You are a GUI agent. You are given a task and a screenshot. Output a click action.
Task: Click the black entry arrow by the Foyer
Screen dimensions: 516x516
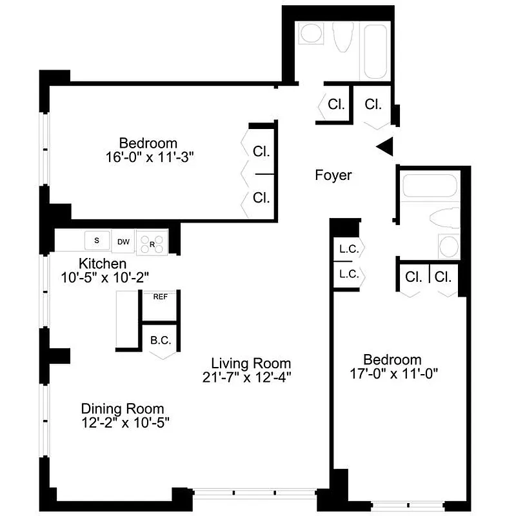tap(385, 147)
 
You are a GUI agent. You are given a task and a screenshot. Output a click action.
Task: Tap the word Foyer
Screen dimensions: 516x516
tap(333, 175)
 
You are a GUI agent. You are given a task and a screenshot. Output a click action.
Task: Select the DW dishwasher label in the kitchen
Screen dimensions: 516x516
tap(123, 242)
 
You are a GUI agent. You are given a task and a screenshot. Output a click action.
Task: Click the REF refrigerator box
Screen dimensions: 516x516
tap(159, 297)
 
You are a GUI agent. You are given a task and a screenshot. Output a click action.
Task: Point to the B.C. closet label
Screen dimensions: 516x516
tap(160, 339)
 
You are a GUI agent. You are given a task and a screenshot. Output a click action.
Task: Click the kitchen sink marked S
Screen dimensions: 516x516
tap(97, 241)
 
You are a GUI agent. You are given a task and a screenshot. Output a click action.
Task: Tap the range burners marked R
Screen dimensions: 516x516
tap(154, 243)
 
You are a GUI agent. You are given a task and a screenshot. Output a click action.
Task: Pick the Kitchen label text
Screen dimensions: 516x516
tap(102, 264)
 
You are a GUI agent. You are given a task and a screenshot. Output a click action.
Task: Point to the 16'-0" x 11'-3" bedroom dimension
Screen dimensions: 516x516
tap(148, 157)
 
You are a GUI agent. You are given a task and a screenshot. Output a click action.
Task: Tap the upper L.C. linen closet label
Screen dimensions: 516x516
tap(349, 249)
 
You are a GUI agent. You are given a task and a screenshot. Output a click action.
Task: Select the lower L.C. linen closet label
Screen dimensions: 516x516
tap(349, 274)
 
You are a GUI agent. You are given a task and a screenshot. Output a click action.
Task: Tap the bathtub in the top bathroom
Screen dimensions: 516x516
tap(375, 51)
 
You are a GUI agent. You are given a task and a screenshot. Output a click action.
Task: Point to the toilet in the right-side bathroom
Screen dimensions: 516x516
tap(445, 218)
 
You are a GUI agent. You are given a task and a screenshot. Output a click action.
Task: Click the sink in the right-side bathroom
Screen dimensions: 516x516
tap(448, 246)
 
